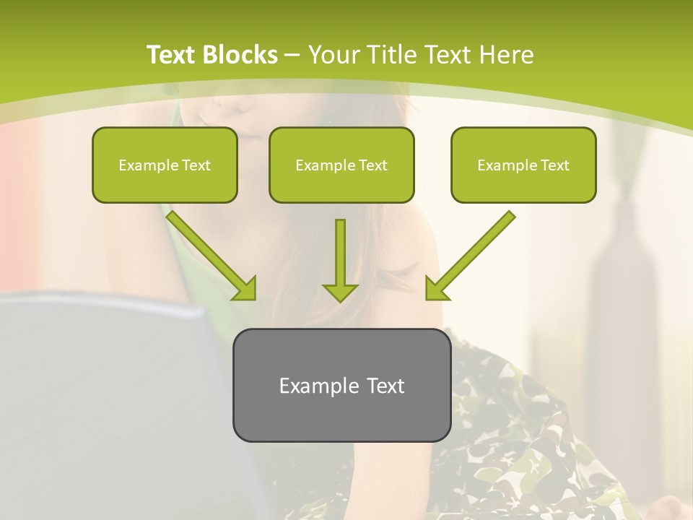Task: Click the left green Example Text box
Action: tap(165, 165)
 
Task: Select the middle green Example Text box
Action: tap(341, 165)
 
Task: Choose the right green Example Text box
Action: tap(523, 165)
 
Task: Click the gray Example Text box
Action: tap(341, 385)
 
